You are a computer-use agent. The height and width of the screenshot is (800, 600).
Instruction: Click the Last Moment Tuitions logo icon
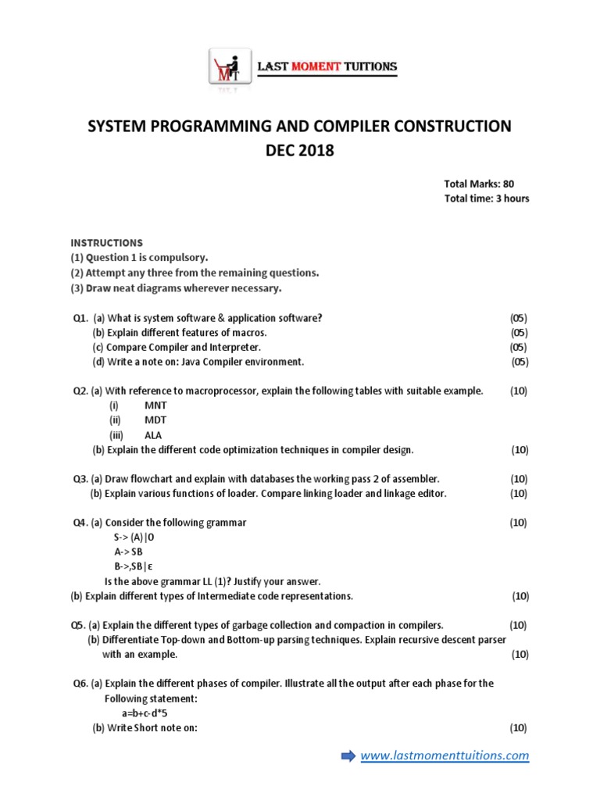(229, 69)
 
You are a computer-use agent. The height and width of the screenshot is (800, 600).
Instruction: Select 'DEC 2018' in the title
(299, 151)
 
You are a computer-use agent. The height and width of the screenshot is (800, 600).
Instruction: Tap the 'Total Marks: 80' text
(479, 184)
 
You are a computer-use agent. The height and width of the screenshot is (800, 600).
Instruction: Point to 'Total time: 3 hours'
(486, 198)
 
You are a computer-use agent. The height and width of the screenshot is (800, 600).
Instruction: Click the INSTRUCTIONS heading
(107, 243)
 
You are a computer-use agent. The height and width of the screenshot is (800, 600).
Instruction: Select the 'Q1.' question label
(80, 318)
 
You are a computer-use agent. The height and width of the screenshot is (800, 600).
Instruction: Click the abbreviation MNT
(155, 405)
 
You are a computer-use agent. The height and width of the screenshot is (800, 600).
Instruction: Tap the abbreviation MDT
(155, 420)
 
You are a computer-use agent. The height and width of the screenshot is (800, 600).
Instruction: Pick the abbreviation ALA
(154, 435)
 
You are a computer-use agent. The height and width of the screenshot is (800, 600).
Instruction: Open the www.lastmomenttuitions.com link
(445, 755)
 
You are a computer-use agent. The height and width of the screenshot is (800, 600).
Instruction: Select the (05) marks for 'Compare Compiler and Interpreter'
(518, 347)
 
